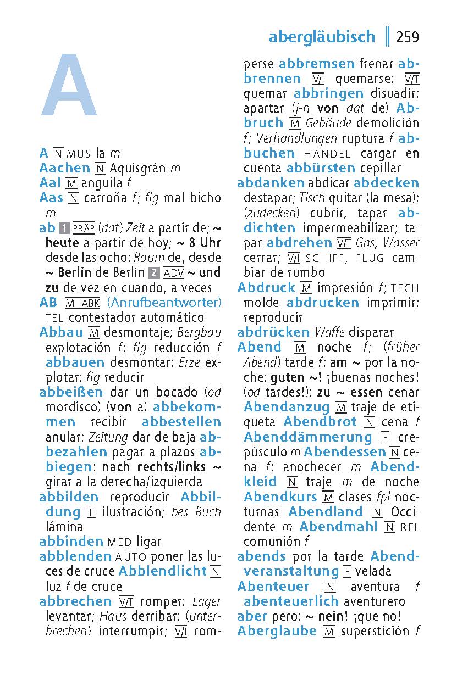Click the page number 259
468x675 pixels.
pos(407,37)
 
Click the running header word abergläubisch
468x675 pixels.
pos(322,37)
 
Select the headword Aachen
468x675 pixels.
pos(64,168)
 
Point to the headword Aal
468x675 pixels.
pos(50,183)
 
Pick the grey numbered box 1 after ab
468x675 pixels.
pos(64,228)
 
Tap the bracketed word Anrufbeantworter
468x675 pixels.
pos(164,302)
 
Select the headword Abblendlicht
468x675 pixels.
pos(162,571)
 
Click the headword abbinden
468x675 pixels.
pos(71,542)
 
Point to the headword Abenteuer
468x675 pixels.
pos(273,587)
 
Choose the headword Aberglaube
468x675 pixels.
pos(277,631)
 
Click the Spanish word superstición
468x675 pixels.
pos(376,631)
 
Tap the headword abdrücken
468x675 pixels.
pos(273,332)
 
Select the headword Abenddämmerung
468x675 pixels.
pos(308,437)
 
